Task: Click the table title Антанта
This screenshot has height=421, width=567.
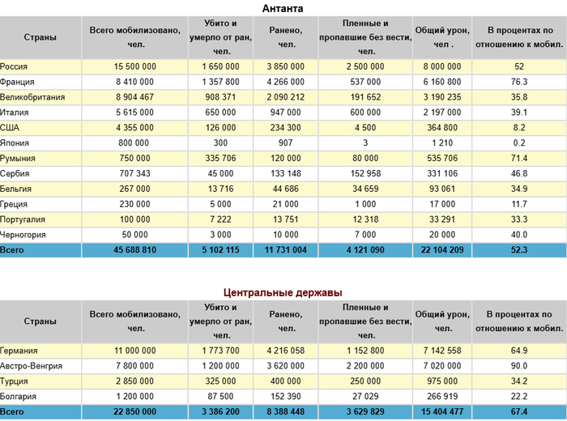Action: pos(283,8)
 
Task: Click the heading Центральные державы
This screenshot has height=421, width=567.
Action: pos(283,292)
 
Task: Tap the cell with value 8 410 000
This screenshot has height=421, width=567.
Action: pos(135,82)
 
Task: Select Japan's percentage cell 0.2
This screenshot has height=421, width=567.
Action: pos(519,143)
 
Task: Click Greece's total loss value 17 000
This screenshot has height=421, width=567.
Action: pos(441,204)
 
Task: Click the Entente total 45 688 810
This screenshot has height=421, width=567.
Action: pos(135,251)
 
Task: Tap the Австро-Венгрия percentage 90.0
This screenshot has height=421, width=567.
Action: pos(519,366)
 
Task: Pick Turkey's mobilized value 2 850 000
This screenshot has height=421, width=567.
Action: pos(135,381)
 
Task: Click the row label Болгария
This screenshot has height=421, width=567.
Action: pos(19,397)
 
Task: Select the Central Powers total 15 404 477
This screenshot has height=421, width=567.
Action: pos(441,412)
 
